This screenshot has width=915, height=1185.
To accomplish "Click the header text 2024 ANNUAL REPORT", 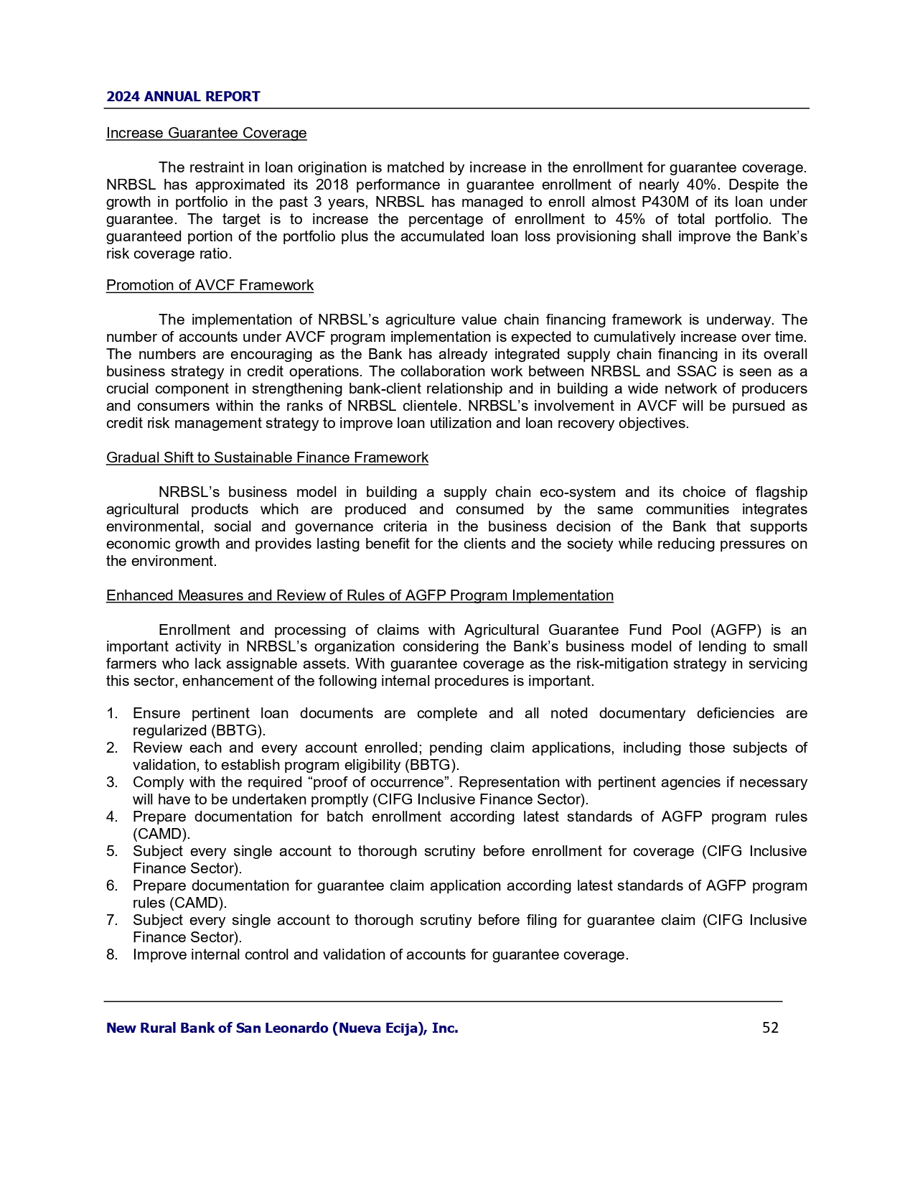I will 183,96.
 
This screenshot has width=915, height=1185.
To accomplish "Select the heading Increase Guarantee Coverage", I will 206,133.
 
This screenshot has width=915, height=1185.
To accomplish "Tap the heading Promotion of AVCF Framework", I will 210,285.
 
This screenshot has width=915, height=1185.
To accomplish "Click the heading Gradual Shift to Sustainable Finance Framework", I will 267,457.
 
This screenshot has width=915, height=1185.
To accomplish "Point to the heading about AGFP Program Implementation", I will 360,595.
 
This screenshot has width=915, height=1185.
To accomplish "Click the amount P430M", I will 660,202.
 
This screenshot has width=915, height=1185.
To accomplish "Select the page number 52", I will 770,1028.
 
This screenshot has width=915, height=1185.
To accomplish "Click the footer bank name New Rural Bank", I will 281,1028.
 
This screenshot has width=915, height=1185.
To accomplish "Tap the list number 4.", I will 111,817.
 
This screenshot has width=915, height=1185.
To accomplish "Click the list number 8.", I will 111,954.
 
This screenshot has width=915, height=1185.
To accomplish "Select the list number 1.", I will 111,713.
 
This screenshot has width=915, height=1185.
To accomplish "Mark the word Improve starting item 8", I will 159,954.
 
